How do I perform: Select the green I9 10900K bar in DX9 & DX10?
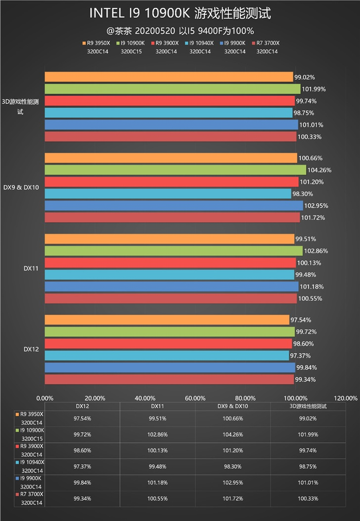pos(175,170)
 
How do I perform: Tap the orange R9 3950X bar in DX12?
pos(167,320)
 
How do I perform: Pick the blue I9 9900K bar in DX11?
pos(171,286)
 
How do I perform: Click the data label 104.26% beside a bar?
pos(319,170)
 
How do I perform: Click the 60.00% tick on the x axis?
pos(195,398)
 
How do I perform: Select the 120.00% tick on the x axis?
pos(346,398)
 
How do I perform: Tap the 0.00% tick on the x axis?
pos(45,398)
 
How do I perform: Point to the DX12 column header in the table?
pos(82,406)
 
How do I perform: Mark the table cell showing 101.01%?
pos(308,482)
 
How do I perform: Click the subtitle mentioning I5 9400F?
pos(180,30)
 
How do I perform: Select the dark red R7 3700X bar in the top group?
pos(170,136)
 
